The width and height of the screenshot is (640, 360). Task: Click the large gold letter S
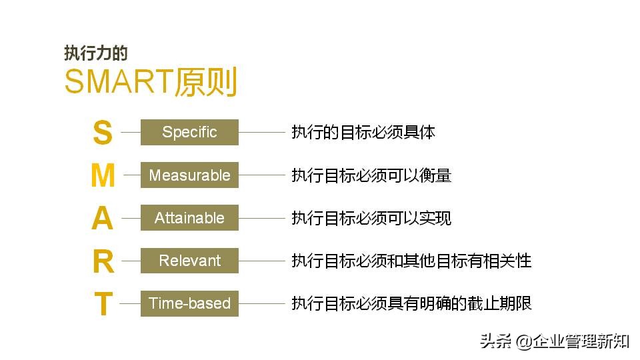(x=102, y=133)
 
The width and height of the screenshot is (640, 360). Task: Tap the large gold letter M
(x=103, y=175)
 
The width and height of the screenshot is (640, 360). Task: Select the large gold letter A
(x=102, y=218)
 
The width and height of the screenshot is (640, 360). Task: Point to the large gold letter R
(x=103, y=261)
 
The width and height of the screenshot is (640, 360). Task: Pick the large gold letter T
(x=103, y=303)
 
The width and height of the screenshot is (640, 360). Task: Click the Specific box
(x=189, y=132)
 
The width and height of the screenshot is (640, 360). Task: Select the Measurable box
(x=189, y=175)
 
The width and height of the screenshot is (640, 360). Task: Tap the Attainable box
(x=189, y=217)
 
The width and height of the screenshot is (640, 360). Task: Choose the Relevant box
(x=189, y=260)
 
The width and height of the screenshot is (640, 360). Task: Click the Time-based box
(x=189, y=303)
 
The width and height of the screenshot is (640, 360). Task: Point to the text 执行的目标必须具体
(x=363, y=132)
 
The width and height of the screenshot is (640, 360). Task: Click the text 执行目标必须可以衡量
(x=371, y=175)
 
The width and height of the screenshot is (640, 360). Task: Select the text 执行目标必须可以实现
(x=371, y=218)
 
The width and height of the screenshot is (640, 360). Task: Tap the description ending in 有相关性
(x=411, y=261)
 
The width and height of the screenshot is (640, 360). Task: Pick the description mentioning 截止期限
(x=411, y=303)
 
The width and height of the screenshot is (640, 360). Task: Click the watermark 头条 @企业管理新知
(x=554, y=341)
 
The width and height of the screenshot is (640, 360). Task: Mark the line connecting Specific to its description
(x=261, y=132)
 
